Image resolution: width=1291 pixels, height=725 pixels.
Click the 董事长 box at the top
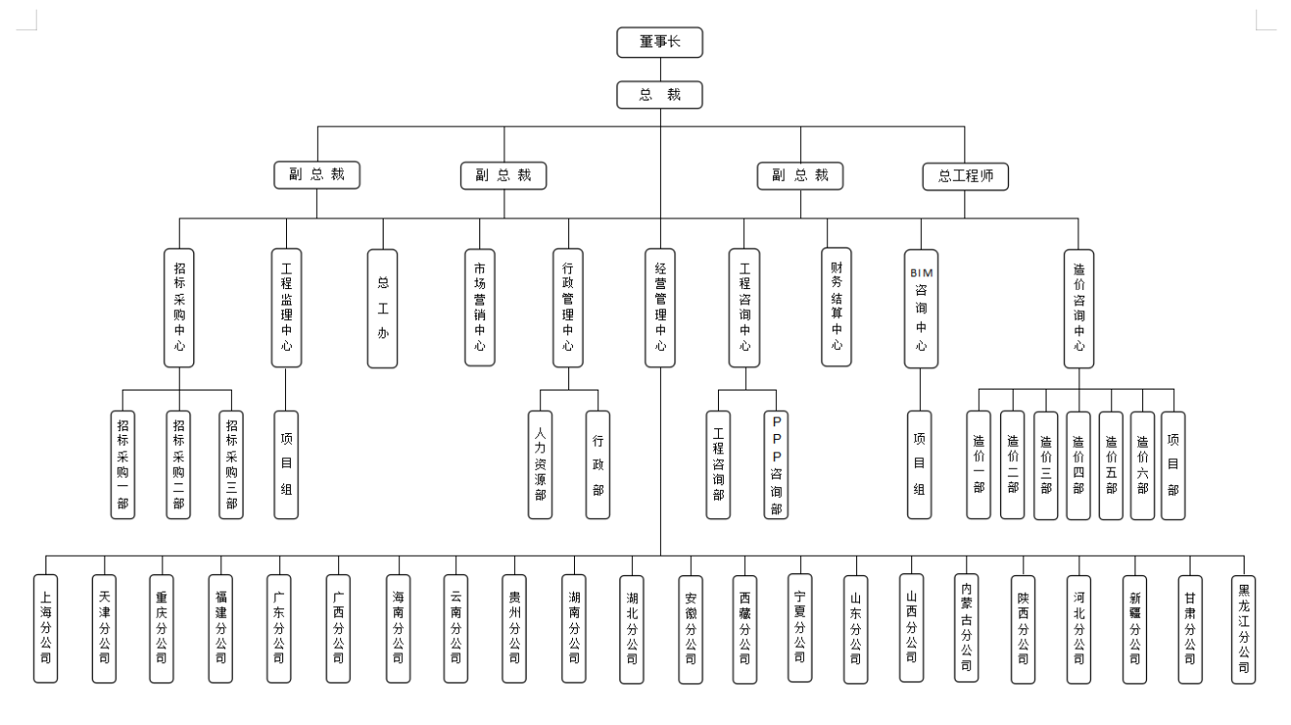tap(660, 42)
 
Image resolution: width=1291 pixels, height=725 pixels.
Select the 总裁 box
tap(660, 95)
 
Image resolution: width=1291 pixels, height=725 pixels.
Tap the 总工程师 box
tap(965, 175)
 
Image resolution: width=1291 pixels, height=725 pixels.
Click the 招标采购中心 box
tap(179, 306)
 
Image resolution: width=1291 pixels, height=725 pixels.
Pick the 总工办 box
tap(383, 306)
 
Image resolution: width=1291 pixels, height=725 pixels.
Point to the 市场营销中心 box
tap(479, 306)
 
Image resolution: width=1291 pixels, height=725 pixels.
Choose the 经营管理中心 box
tap(660, 306)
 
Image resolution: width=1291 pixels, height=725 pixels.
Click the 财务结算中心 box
tap(837, 306)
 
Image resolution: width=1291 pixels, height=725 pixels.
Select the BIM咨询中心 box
tap(920, 306)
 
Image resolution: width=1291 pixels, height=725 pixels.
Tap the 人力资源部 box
tap(540, 464)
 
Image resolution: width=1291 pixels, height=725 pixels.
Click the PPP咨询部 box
tap(777, 464)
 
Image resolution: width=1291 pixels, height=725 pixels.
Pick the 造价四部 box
tap(1078, 464)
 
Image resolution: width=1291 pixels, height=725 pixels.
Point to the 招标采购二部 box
tap(179, 464)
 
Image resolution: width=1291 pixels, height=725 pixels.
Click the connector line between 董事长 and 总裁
tap(660, 68)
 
